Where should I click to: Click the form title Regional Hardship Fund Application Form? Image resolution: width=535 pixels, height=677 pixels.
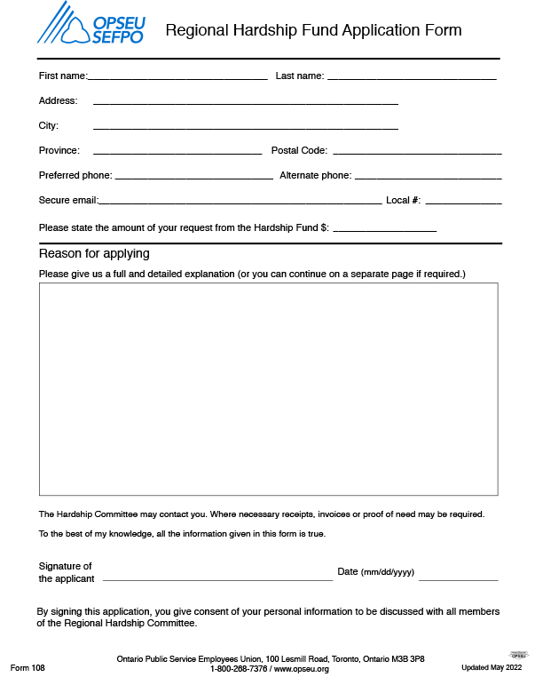313,30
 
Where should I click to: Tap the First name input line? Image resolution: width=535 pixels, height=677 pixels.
177,77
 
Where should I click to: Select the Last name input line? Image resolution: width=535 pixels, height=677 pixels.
412,77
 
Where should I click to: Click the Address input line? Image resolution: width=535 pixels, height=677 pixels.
246,102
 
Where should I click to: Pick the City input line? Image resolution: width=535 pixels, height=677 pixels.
246,127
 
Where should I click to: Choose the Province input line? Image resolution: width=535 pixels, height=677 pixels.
177,152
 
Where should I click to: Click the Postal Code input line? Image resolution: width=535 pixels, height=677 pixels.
417,152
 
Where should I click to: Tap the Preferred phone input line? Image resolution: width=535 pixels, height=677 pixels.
193,177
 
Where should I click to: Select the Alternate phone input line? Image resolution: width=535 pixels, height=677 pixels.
428,177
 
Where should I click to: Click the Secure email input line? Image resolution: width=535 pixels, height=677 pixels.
240,202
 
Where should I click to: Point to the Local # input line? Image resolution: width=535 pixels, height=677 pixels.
463,202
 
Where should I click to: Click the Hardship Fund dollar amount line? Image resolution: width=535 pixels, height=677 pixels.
384,229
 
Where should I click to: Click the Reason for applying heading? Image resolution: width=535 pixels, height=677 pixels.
94,254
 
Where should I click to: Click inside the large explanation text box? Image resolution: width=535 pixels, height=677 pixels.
268,389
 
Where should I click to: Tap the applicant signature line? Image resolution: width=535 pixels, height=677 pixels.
217,577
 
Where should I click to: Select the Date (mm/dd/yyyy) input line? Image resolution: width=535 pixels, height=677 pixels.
458,577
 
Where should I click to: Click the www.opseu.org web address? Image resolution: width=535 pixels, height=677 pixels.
302,669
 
